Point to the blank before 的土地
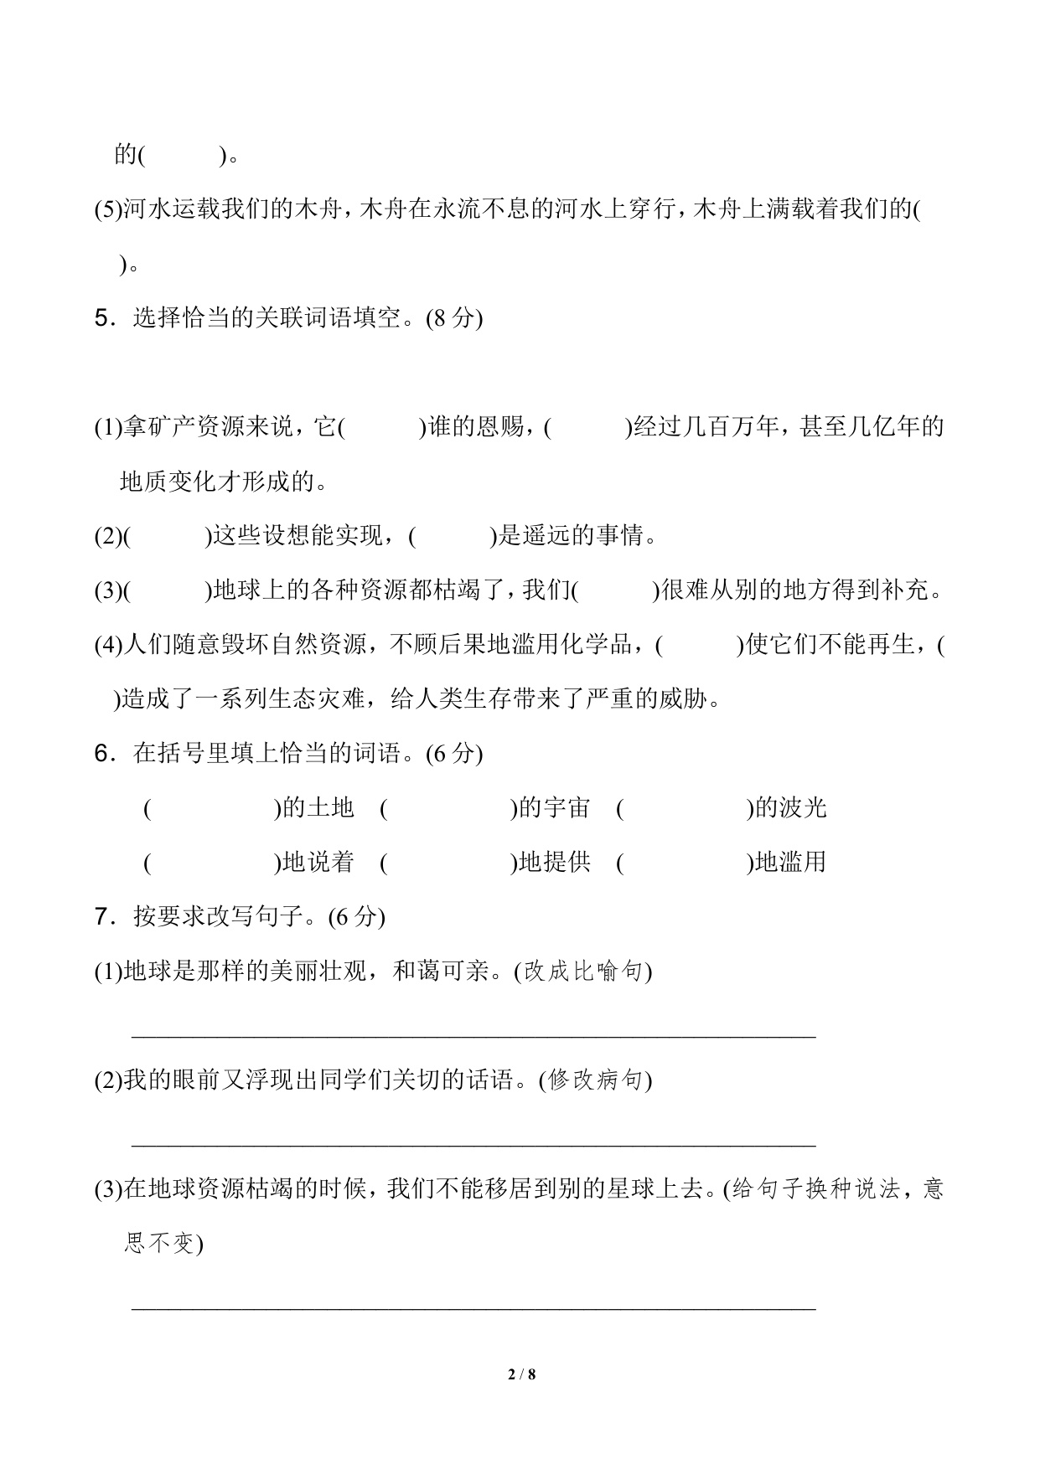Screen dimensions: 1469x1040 (x=212, y=809)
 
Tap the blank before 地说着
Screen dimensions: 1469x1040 (x=212, y=863)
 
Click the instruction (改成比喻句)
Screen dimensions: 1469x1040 (x=583, y=972)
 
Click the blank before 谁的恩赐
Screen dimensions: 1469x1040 (x=382, y=428)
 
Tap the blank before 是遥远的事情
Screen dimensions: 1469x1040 (x=453, y=536)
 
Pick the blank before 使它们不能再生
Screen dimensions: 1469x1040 (x=700, y=645)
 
